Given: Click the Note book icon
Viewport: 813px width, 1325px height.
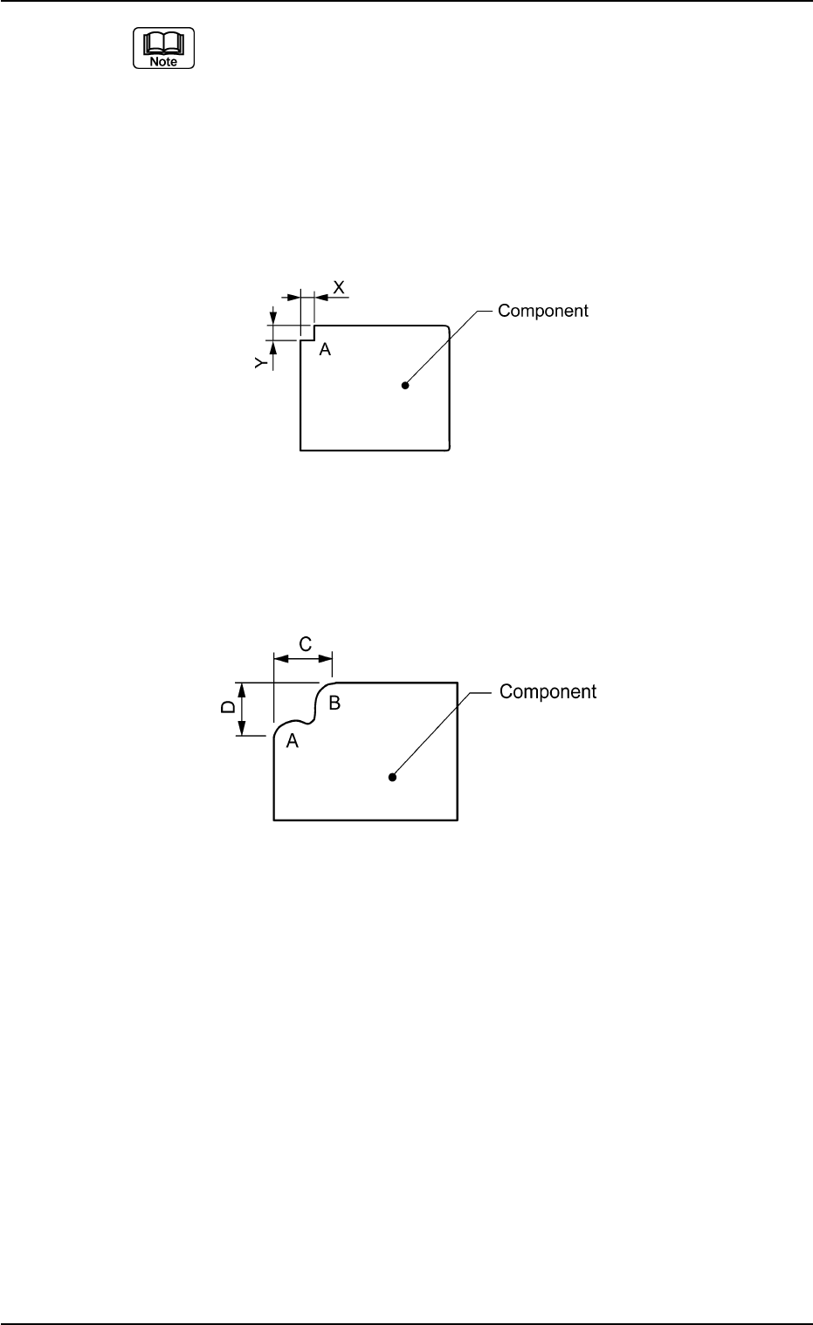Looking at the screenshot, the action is coord(163,48).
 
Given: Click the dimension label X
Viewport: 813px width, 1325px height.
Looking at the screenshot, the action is coord(339,286).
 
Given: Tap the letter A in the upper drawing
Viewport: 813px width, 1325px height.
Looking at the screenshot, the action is coord(325,349).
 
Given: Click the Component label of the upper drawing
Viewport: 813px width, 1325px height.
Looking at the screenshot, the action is coord(542,311).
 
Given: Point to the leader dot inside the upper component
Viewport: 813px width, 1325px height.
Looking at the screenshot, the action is coord(405,385).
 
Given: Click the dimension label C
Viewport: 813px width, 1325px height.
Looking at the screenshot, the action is coord(306,644).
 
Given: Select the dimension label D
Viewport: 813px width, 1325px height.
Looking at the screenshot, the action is coord(226,708).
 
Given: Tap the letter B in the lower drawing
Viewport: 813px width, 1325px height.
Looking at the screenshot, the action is coord(334,701).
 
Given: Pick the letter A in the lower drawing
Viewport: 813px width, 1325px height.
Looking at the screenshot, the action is coord(293,741).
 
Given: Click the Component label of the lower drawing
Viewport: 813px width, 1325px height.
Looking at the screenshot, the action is coord(548,692).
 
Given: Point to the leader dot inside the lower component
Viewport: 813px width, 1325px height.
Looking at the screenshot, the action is coord(393,777).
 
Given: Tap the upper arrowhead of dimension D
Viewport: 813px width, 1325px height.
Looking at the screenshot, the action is coord(244,688).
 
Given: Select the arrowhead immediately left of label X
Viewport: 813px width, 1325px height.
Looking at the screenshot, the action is coord(320,298).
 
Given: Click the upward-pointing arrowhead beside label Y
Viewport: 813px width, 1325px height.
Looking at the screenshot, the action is coord(272,346).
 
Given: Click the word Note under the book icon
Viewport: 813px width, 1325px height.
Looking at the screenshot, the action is coord(163,62).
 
